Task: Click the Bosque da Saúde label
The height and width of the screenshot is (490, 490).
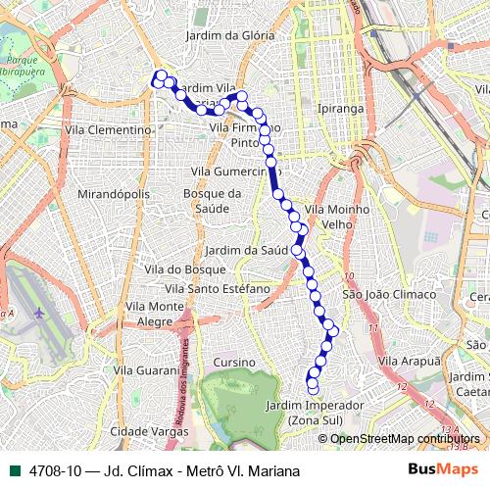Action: point(212,201)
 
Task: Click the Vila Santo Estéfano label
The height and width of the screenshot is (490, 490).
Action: point(217,289)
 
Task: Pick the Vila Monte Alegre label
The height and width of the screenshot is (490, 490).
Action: point(155,314)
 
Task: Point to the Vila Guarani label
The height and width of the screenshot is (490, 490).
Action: point(146,370)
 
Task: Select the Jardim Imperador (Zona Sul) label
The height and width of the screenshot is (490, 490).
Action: point(314,413)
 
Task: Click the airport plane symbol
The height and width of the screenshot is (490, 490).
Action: point(39,313)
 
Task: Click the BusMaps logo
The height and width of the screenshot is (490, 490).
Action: point(442,469)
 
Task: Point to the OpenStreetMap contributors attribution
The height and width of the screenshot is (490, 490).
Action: point(405,439)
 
